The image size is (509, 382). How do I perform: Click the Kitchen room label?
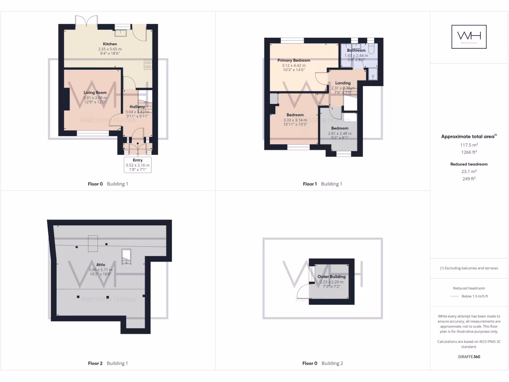(x=110, y=44)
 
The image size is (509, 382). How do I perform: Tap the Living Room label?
(x=95, y=93)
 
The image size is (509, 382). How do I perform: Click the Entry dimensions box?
(x=138, y=165)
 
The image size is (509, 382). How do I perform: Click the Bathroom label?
(x=356, y=50)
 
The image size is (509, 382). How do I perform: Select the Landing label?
(x=342, y=83)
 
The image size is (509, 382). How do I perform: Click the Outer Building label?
(x=332, y=277)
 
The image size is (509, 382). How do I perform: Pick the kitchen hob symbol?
(x=148, y=64)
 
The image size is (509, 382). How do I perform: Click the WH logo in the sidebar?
(x=469, y=37)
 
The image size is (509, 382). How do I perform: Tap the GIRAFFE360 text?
(x=469, y=357)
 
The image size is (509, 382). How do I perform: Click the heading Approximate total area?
(x=469, y=136)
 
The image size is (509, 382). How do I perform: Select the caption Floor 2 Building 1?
(x=107, y=364)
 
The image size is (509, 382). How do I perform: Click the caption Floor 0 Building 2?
(x=323, y=364)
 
